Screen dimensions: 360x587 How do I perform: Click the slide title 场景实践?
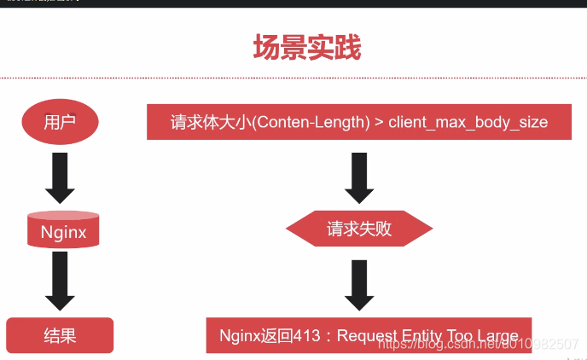click(x=307, y=47)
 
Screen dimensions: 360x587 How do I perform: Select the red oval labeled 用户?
click(x=60, y=122)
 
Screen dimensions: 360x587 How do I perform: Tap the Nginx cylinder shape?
click(x=63, y=231)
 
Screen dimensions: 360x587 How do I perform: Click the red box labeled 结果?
click(x=60, y=335)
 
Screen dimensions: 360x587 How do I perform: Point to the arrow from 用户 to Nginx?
click(x=60, y=177)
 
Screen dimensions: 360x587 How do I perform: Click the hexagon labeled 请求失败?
click(x=358, y=229)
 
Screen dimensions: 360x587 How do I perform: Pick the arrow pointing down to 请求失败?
click(x=358, y=177)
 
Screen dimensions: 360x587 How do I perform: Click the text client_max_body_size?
click(x=468, y=122)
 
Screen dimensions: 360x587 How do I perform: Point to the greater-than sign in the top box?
click(x=378, y=122)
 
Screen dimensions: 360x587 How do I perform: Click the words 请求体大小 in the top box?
click(x=208, y=122)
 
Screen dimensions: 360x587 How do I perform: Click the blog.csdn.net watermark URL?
click(x=478, y=343)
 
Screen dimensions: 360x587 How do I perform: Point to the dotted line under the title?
click(x=293, y=78)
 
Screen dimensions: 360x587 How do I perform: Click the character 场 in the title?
click(x=267, y=47)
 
